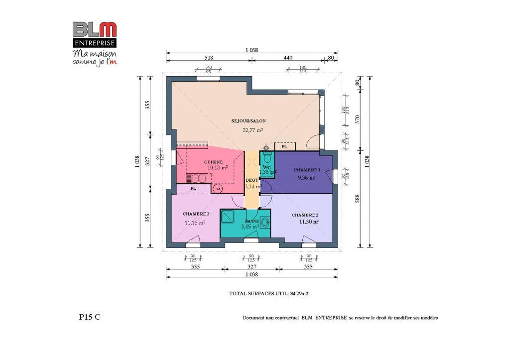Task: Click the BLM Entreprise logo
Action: tap(95, 34)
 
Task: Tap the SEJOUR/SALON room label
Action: tap(249, 121)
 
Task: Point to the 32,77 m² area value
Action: tap(253, 130)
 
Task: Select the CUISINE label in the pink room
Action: tap(213, 162)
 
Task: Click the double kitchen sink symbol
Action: tap(193, 178)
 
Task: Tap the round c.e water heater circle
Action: tap(218, 189)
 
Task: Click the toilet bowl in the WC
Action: tap(267, 158)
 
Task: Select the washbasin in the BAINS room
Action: tap(264, 222)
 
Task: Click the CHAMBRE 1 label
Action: tap(306, 170)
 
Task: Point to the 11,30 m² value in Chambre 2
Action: tap(308, 222)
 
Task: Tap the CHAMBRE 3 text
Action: tap(196, 214)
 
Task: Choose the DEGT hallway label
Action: tap(252, 180)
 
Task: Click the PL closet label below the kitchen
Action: tap(193, 189)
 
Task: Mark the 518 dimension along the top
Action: tap(209, 58)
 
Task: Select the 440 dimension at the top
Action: tap(288, 58)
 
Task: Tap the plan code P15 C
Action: tap(90, 317)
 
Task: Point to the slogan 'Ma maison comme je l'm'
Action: tap(94, 57)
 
